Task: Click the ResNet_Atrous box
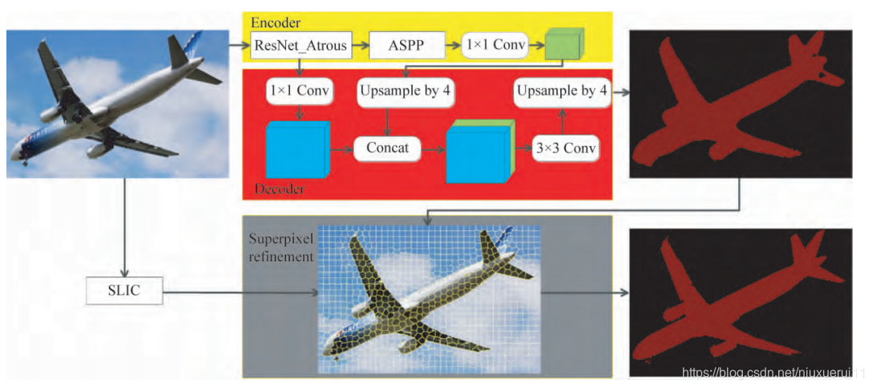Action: [301, 46]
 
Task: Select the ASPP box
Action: [407, 46]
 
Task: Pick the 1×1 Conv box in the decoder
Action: [300, 91]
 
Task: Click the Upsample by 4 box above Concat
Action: [406, 91]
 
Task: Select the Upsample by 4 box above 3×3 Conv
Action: [561, 91]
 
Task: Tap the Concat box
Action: [387, 148]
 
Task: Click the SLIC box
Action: [123, 291]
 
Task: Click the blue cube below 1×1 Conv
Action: [297, 149]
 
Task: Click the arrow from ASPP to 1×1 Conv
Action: [455, 46]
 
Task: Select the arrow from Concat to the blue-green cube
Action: [432, 148]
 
